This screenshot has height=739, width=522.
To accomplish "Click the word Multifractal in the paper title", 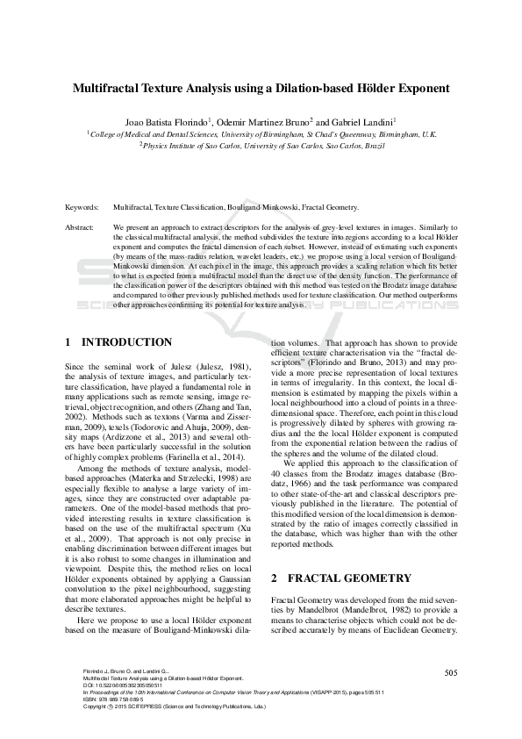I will click(111, 89).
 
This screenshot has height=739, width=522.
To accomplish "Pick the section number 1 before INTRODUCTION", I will click(68, 342).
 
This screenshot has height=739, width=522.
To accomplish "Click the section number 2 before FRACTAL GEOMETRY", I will click(275, 554).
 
